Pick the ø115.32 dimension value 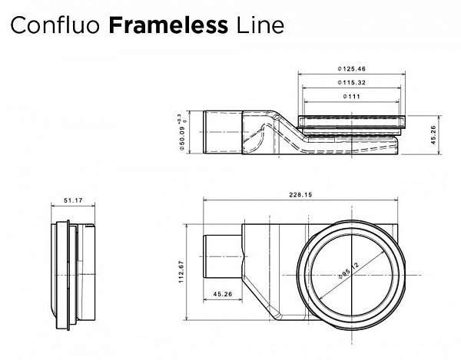pyautogui.click(x=350, y=83)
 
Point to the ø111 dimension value pyautogui.click(x=350, y=96)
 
